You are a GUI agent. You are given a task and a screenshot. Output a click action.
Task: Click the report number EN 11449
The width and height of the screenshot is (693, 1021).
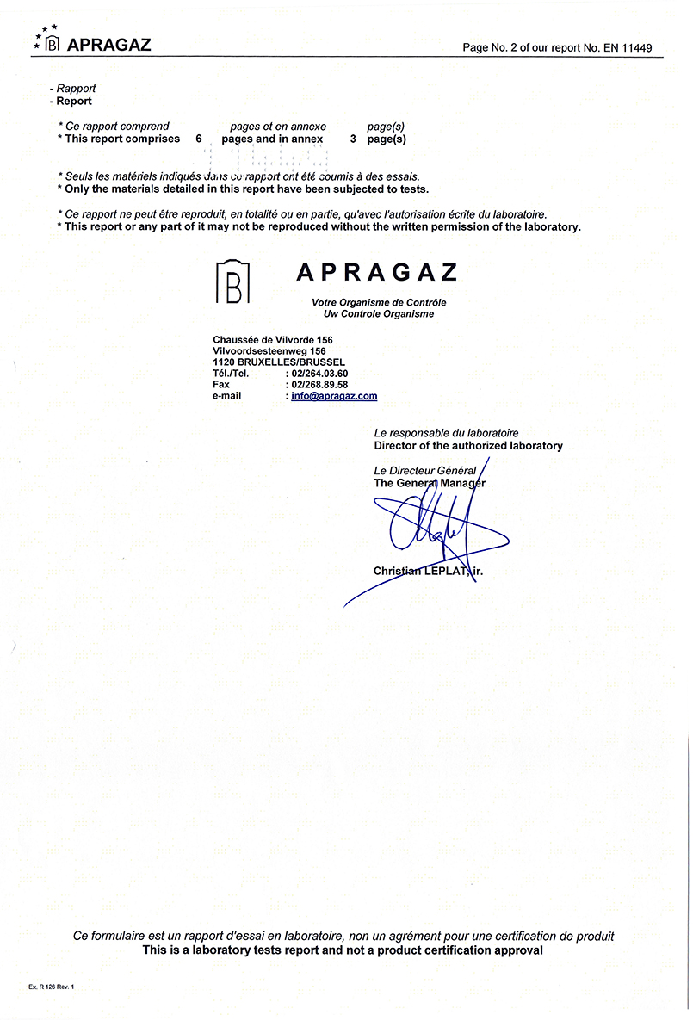pos(634,46)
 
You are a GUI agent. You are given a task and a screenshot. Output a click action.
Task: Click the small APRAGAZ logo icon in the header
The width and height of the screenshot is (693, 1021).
pos(52,44)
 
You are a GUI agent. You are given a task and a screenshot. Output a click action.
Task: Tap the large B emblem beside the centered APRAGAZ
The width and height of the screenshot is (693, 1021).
pos(232,281)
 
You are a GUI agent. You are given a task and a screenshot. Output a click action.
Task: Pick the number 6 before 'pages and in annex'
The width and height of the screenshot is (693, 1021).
pos(199,139)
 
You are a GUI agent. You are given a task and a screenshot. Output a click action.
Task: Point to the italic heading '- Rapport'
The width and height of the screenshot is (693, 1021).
pos(74,89)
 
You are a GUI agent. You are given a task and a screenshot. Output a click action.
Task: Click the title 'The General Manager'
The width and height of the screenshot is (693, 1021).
pos(430,483)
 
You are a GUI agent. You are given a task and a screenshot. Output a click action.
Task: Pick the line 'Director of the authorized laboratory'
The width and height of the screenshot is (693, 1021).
pos(468,446)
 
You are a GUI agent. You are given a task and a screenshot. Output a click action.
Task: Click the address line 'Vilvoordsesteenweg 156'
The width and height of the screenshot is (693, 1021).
pos(269,351)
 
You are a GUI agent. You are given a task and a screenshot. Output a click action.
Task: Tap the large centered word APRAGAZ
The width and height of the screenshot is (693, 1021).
pos(376,273)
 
